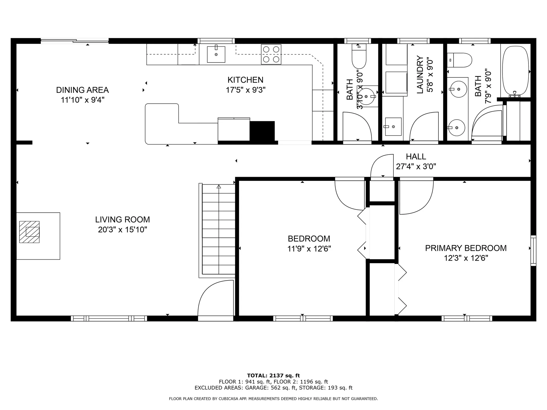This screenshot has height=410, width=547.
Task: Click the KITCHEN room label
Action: [245, 80]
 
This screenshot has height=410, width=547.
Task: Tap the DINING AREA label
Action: [82, 90]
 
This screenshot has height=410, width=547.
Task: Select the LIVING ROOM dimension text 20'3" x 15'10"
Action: [123, 229]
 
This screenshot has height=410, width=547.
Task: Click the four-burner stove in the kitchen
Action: [271, 54]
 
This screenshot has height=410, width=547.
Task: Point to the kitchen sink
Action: [216, 54]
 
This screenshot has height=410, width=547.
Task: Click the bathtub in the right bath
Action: [515, 71]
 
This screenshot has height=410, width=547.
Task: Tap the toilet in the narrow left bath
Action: [359, 56]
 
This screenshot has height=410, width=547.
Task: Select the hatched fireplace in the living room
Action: [29, 232]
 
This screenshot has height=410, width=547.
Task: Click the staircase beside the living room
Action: [219, 229]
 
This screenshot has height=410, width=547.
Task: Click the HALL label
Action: [416, 157]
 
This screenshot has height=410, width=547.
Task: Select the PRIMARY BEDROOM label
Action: [466, 248]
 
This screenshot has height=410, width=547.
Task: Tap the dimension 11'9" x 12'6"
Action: [309, 249]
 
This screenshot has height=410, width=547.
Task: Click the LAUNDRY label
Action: [420, 75]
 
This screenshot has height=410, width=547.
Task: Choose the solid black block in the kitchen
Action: [262, 131]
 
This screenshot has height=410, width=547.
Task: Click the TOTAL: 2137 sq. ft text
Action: [273, 376]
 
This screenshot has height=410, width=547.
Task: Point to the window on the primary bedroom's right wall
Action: [533, 251]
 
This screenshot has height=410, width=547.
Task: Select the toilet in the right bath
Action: [459, 60]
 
